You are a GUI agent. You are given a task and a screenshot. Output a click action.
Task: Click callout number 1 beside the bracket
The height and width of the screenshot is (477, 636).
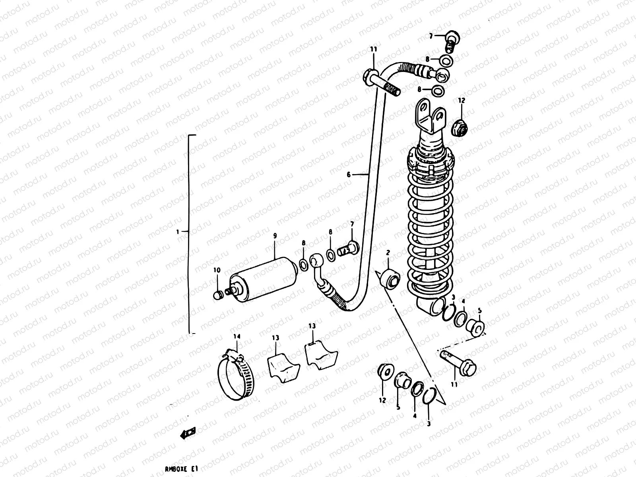click(x=178, y=231)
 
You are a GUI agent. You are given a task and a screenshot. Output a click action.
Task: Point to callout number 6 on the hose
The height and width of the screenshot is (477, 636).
click(x=349, y=174)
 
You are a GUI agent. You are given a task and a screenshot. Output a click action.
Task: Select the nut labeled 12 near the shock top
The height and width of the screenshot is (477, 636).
click(x=461, y=127)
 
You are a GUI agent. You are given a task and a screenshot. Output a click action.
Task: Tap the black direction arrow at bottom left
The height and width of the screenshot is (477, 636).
click(x=188, y=433)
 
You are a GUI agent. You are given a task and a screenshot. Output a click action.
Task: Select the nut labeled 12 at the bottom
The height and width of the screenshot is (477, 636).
click(x=385, y=372)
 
